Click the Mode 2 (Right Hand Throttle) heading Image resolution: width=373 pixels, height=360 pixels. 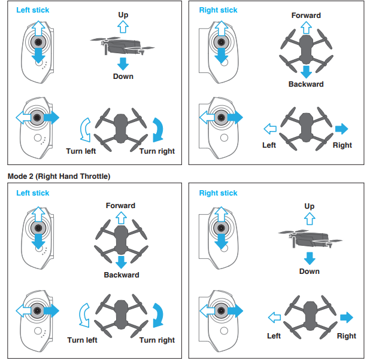pos(59,176)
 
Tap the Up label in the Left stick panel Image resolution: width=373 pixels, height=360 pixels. pos(123,14)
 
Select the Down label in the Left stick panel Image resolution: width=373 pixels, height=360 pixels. pos(123,77)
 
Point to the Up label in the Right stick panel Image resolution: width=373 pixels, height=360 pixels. pos(309,206)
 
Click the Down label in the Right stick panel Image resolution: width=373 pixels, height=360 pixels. pos(309,271)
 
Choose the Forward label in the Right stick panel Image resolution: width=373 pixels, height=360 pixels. pos(306,16)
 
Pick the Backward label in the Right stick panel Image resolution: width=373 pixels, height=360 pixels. pos(306,84)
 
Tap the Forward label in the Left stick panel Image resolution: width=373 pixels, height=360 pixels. pos(120,206)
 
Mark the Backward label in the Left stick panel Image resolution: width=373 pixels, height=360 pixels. pos(121,275)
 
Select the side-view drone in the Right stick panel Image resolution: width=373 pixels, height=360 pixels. pos(310,237)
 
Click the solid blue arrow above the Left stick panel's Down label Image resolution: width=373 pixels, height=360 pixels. pos(123,64)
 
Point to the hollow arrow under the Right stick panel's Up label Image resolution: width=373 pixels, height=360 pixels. pos(309,219)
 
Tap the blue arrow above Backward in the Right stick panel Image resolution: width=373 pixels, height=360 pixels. pos(306,72)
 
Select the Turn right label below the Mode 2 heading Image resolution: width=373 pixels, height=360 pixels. pos(157,340)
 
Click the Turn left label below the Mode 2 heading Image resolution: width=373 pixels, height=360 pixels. pos(82,340)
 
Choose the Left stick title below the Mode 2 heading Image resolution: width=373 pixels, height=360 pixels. pos(32,193)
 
